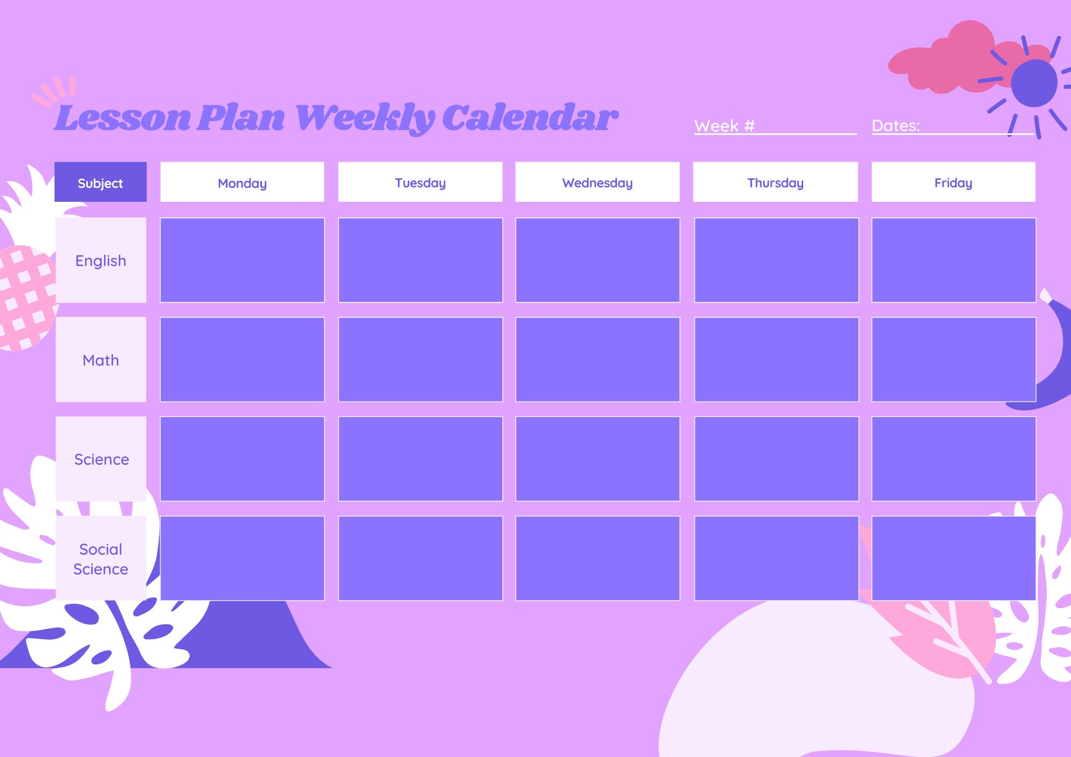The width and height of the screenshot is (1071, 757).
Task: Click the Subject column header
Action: click(100, 182)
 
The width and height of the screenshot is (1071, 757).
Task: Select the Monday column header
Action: click(242, 182)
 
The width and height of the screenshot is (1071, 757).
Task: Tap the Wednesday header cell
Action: click(597, 182)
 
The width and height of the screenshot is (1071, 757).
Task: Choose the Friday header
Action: click(953, 182)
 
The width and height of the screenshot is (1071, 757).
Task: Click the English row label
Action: click(101, 260)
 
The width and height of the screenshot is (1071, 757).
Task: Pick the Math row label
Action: click(101, 360)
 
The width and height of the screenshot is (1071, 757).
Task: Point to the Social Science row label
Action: click(101, 558)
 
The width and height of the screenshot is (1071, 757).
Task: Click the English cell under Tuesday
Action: click(420, 260)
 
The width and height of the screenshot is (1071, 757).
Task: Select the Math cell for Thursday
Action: click(776, 360)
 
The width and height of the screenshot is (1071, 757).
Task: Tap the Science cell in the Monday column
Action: click(242, 459)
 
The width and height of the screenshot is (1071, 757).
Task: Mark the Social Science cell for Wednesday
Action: click(597, 558)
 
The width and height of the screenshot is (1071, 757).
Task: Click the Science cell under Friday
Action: click(953, 459)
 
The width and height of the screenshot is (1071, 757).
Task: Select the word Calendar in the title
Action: click(530, 117)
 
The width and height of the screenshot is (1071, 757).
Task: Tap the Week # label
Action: click(725, 126)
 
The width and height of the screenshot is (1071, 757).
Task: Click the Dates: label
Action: click(896, 126)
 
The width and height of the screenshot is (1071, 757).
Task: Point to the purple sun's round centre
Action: click(1034, 83)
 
